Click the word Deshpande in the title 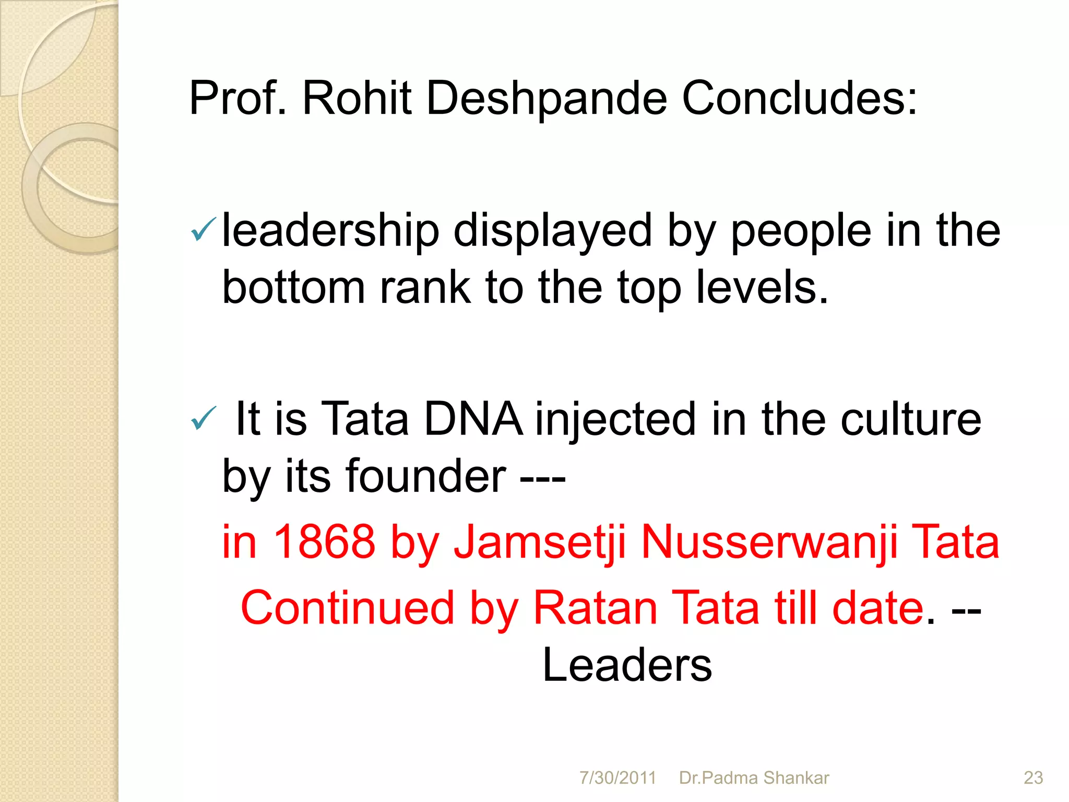tap(547, 98)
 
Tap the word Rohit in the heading tap(357, 98)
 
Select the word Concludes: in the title tap(799, 98)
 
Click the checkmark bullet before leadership tap(203, 230)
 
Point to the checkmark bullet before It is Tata tap(203, 418)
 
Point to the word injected tap(616, 419)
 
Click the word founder tap(426, 476)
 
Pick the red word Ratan tap(595, 608)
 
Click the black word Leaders tap(627, 665)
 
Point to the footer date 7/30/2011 tap(617, 777)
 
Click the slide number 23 tap(1033, 777)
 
